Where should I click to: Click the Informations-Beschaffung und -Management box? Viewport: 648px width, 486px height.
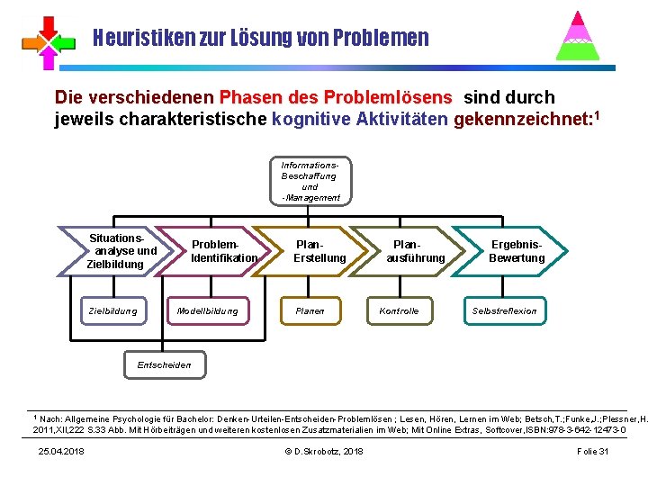(x=310, y=181)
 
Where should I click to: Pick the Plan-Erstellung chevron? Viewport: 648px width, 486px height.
(x=316, y=251)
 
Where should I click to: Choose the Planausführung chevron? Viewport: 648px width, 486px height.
(x=413, y=251)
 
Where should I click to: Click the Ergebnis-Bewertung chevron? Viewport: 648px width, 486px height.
(x=514, y=251)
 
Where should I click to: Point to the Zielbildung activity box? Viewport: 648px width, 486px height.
(x=113, y=311)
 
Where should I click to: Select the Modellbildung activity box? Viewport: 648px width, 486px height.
(x=208, y=311)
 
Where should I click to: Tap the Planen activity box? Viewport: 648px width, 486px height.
(x=310, y=311)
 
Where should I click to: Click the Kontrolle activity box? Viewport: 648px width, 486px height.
(x=399, y=311)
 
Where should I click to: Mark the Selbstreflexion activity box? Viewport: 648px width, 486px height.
(x=505, y=311)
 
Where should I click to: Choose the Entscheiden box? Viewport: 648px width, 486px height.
(x=163, y=364)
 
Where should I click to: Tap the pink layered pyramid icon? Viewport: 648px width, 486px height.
(x=579, y=36)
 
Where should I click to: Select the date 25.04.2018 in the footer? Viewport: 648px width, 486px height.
(x=61, y=451)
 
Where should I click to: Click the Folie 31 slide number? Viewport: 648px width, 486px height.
(x=592, y=451)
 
